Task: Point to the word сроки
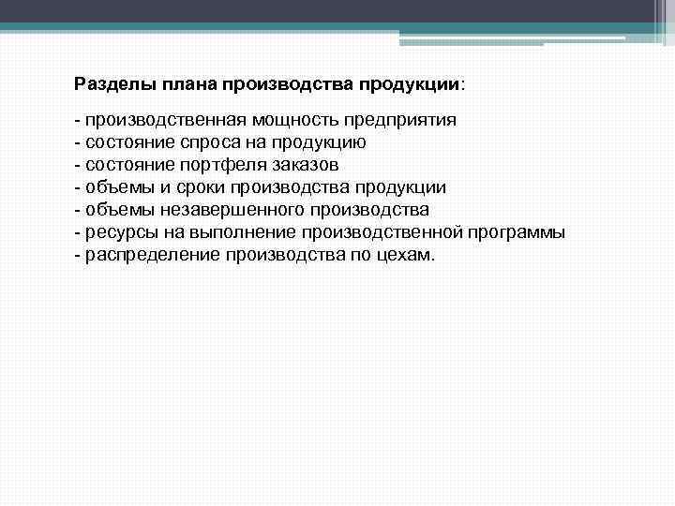point(196,186)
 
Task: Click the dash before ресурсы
point(78,231)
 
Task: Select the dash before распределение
point(78,252)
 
